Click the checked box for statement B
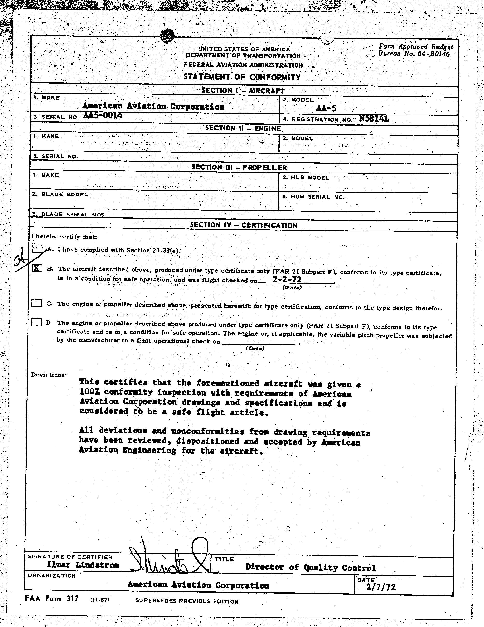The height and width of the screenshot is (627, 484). click(x=37, y=268)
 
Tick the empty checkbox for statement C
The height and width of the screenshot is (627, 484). click(x=36, y=303)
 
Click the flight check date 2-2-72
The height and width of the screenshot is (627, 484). click(x=287, y=279)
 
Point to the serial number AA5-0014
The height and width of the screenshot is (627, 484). click(x=103, y=115)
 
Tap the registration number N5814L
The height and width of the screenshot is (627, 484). click(x=374, y=119)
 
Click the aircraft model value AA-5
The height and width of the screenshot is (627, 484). click(x=326, y=108)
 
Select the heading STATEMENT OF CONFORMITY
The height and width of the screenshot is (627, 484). click(x=242, y=77)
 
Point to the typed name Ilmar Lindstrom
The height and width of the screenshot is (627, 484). click(x=83, y=565)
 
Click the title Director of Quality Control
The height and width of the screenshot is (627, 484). click(x=310, y=567)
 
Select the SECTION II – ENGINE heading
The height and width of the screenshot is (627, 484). click(x=243, y=128)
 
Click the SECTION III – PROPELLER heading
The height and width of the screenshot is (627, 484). click(x=239, y=167)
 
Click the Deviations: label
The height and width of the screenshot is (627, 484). click(x=49, y=375)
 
